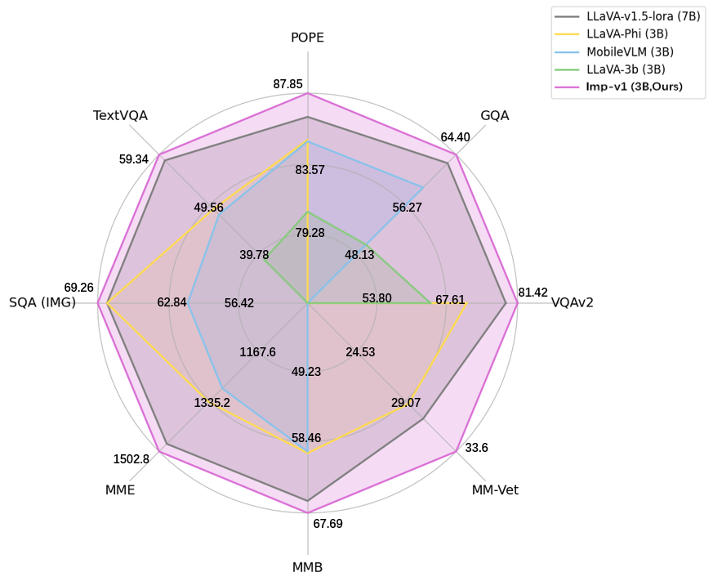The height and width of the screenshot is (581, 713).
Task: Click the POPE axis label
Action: click(x=307, y=38)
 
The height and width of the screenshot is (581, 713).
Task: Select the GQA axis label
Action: click(x=495, y=115)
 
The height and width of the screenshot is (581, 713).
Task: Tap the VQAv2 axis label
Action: click(x=572, y=302)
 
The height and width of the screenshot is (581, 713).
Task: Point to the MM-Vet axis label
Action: click(x=495, y=490)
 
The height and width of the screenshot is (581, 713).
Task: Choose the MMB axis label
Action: click(x=307, y=567)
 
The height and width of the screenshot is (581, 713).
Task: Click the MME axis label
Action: click(x=120, y=490)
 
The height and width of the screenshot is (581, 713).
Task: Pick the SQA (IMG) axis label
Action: click(x=42, y=302)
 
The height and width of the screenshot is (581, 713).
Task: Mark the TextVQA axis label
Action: click(x=120, y=115)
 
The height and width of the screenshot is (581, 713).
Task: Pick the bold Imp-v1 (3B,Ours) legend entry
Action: click(x=634, y=86)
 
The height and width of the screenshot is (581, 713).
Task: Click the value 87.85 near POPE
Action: click(x=288, y=83)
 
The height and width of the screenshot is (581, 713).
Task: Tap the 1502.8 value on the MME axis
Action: click(x=131, y=458)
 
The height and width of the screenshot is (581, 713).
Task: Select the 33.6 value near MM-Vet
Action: click(x=476, y=447)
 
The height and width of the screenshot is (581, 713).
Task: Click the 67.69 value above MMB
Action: click(x=327, y=523)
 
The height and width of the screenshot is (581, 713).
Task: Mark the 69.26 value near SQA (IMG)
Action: click(x=78, y=288)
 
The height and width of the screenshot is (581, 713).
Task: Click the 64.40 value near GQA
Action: click(x=455, y=137)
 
